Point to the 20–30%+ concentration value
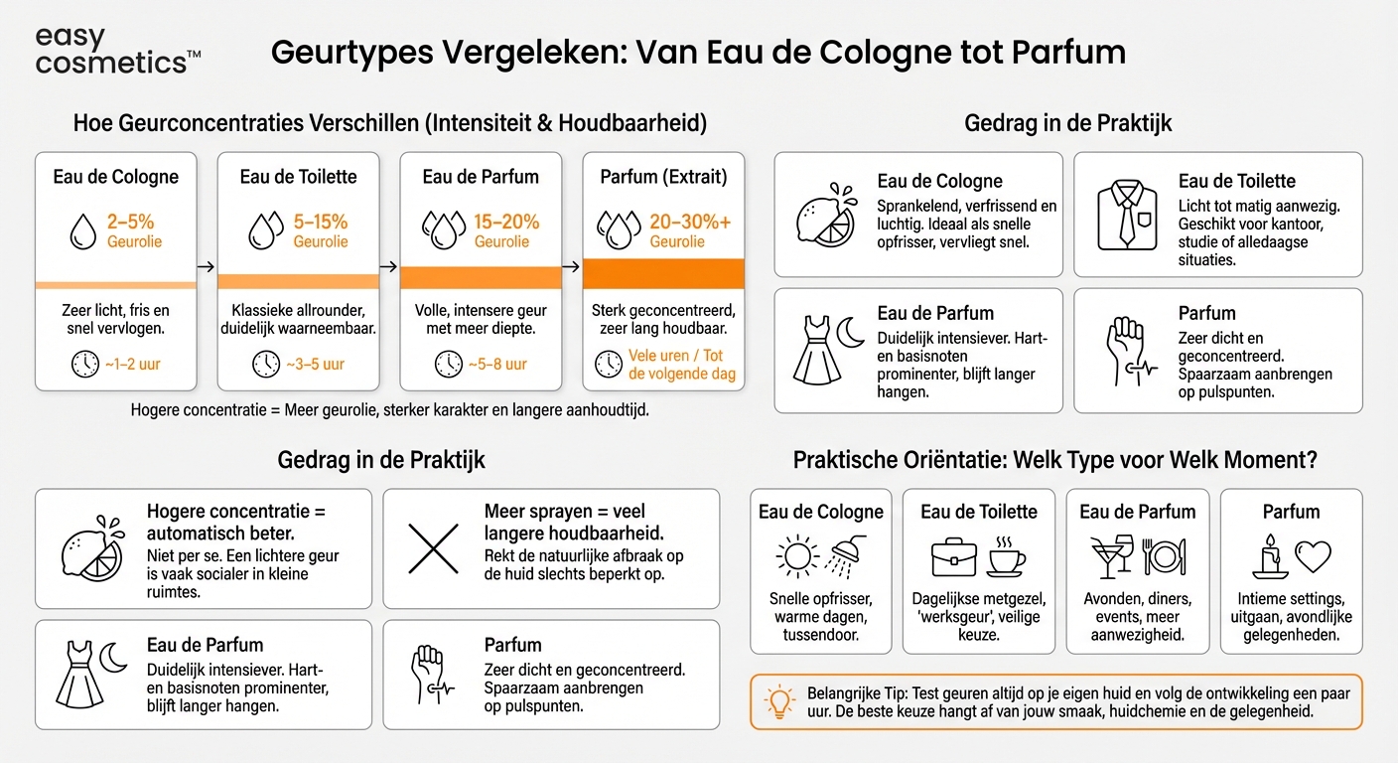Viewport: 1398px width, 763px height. pyautogui.click(x=689, y=222)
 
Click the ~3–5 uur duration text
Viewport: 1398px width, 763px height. pyautogui.click(x=315, y=364)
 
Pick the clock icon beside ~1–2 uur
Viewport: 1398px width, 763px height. pyautogui.click(x=85, y=364)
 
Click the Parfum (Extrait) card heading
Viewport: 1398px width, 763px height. pyautogui.click(x=663, y=177)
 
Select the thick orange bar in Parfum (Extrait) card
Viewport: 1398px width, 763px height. pyautogui.click(x=663, y=273)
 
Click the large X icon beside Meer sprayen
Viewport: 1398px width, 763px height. pyautogui.click(x=433, y=547)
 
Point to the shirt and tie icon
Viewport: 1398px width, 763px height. pyautogui.click(x=1127, y=214)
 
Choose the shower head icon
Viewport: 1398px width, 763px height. pyautogui.click(x=844, y=555)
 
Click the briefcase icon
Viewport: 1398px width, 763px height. pyautogui.click(x=954, y=557)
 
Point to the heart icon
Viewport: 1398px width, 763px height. pyautogui.click(x=1313, y=556)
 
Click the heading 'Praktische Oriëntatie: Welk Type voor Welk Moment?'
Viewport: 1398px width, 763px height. pyautogui.click(x=1054, y=461)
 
